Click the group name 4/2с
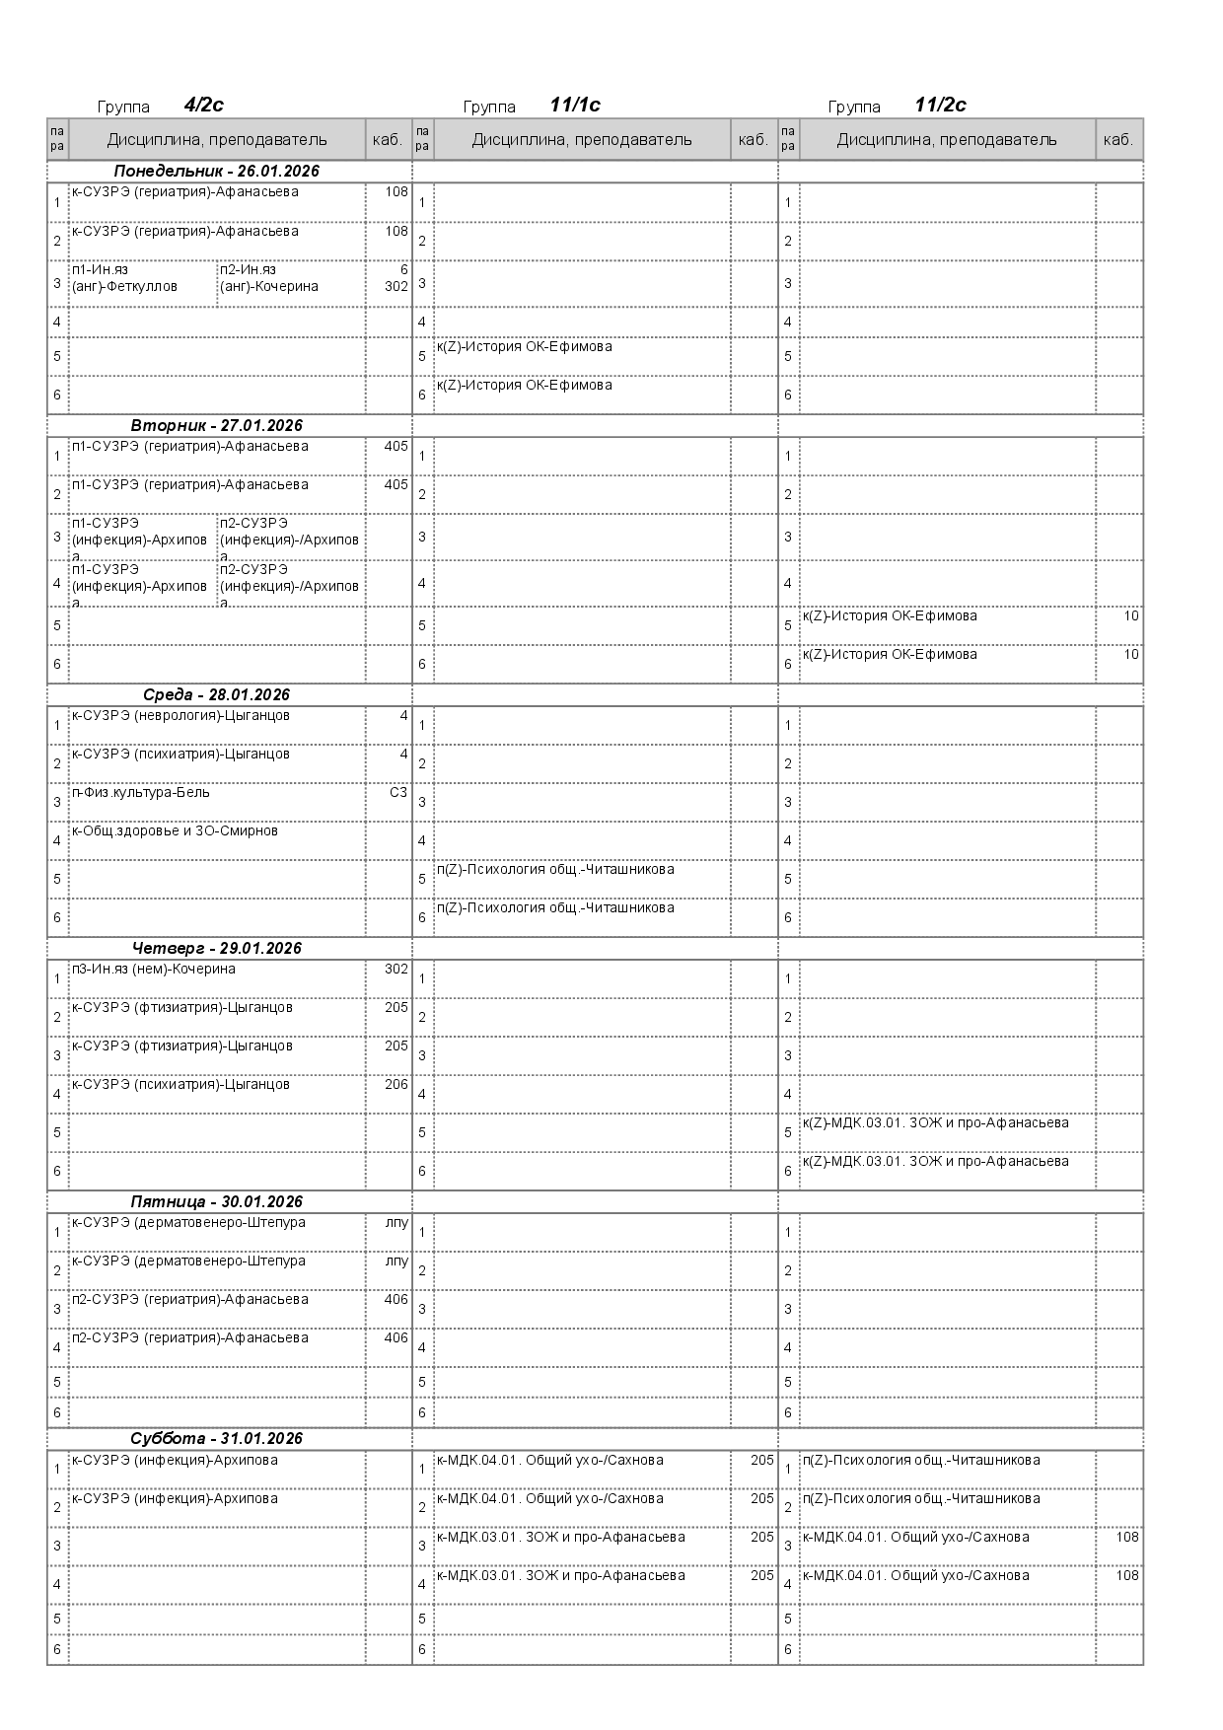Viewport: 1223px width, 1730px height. (203, 106)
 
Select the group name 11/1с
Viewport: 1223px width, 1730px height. (575, 106)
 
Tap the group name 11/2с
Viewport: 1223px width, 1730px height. (940, 106)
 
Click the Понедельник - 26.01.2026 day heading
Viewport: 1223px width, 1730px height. (216, 172)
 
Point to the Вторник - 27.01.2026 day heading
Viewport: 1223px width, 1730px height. (216, 426)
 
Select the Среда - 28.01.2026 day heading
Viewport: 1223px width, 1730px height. (216, 695)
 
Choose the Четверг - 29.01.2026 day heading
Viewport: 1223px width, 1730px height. (216, 949)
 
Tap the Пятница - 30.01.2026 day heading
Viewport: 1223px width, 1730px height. (216, 1202)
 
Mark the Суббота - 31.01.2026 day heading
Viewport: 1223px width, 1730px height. (216, 1439)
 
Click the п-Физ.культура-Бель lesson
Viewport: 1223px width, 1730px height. (140, 793)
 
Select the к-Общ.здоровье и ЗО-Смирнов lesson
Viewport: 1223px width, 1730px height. (175, 831)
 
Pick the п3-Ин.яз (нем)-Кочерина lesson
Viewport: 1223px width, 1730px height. (153, 970)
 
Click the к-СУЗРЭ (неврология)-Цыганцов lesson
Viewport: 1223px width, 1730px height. (180, 716)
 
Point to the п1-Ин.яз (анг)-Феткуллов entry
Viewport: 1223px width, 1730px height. (124, 278)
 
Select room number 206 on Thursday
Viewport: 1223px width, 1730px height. (396, 1085)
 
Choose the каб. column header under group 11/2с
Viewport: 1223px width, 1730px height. (1117, 140)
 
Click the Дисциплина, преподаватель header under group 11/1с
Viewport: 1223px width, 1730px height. (582, 140)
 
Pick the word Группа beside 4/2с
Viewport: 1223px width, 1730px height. (123, 108)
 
